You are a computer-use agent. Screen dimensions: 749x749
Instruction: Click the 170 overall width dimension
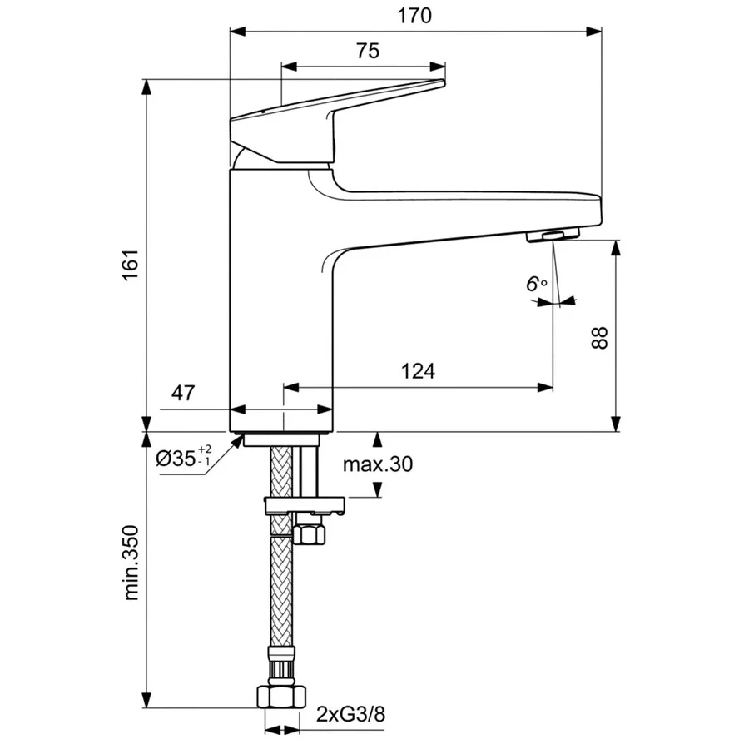(414, 15)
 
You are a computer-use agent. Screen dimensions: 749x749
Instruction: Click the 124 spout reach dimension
(419, 371)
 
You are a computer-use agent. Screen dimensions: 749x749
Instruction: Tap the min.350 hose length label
(131, 563)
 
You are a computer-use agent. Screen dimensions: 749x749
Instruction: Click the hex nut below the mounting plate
(310, 530)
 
